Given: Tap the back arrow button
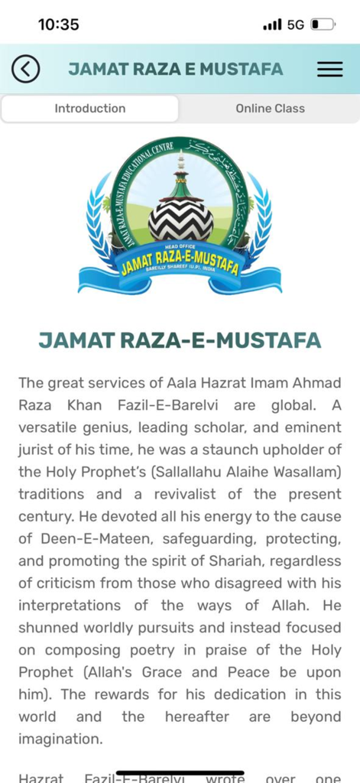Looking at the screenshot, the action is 25,69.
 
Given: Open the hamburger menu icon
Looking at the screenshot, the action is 329,69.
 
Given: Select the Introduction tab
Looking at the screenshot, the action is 89,109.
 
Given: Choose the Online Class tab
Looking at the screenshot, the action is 270,109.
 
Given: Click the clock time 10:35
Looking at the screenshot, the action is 59,24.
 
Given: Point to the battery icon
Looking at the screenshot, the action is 322,24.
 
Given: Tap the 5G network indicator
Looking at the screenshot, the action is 296,24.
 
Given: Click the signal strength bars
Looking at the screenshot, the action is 272,24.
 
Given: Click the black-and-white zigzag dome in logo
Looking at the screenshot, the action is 180,219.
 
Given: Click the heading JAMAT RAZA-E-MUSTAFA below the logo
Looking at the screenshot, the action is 180,340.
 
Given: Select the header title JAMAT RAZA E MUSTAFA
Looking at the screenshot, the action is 176,69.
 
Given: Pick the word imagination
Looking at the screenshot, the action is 60,739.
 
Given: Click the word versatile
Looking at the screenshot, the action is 47,427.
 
